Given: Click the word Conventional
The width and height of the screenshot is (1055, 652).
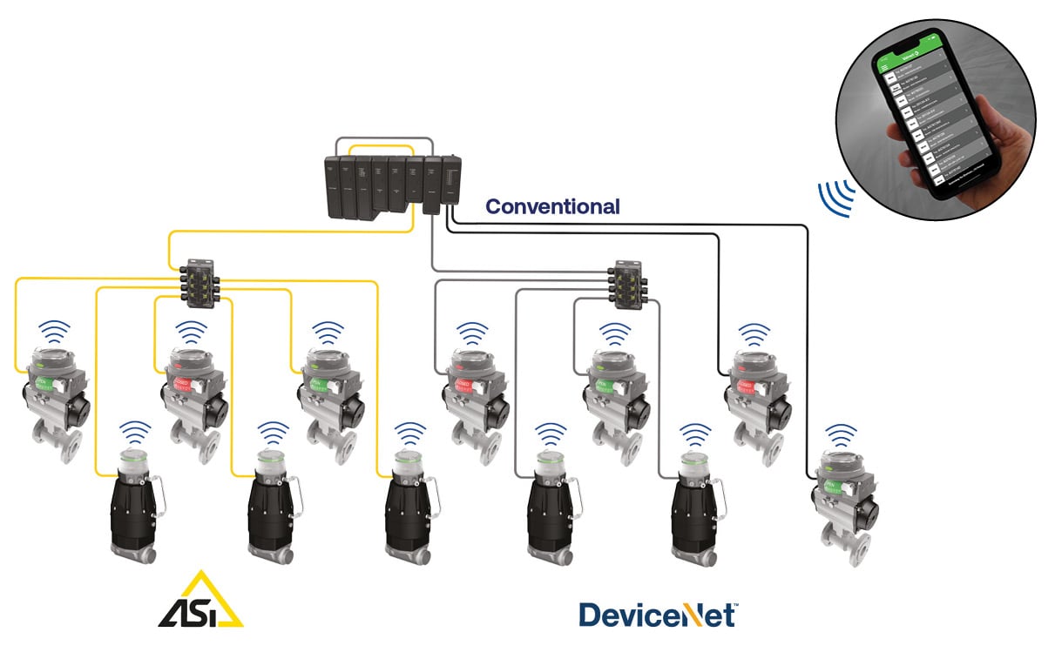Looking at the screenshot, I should pyautogui.click(x=552, y=207).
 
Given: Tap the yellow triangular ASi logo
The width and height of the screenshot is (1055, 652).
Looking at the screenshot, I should pyautogui.click(x=201, y=602).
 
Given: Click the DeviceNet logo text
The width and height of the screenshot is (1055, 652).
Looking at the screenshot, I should pyautogui.click(x=654, y=614).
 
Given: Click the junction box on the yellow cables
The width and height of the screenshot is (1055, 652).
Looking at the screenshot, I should pyautogui.click(x=201, y=279).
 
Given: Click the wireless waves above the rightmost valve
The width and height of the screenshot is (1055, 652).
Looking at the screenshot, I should pyautogui.click(x=841, y=433).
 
